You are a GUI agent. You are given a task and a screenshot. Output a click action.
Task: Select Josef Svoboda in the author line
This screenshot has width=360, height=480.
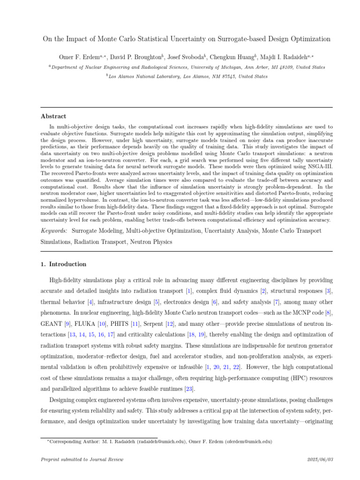coord(188,57)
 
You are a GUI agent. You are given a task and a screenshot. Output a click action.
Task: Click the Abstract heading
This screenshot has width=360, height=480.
coord(53,116)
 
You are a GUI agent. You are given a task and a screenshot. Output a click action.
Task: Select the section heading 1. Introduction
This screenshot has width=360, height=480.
coord(64,264)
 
